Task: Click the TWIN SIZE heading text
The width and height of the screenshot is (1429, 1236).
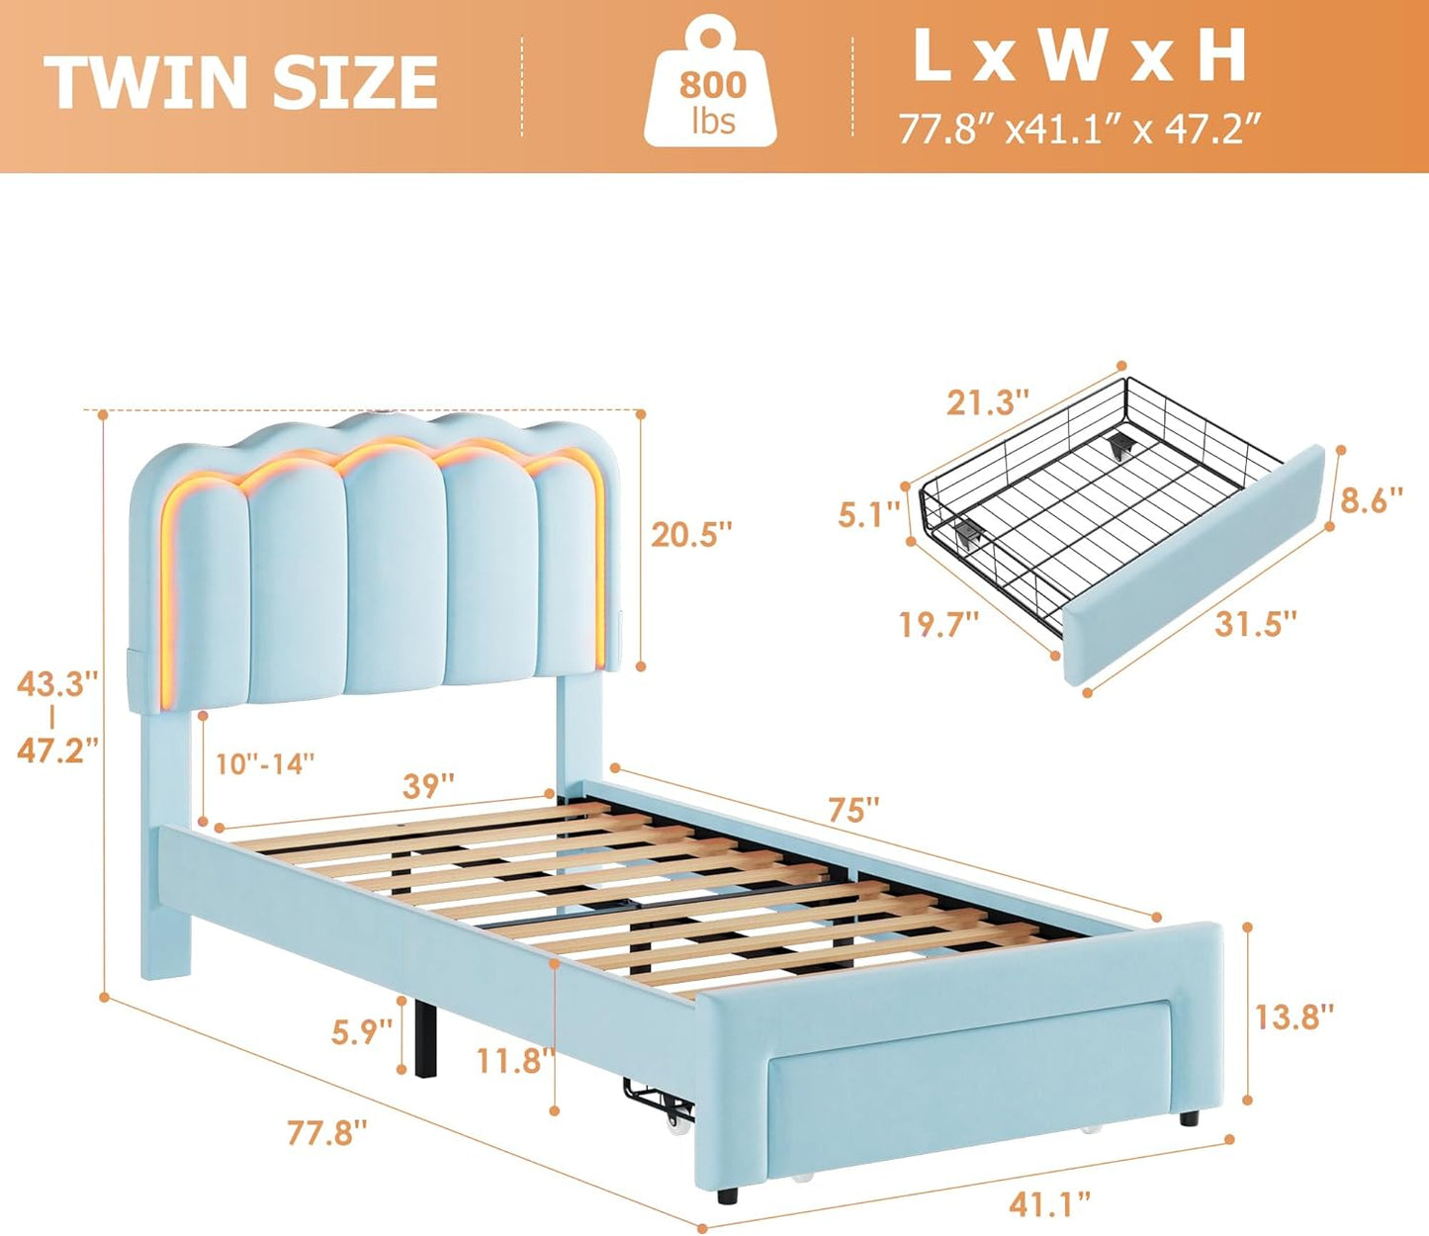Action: click(x=241, y=82)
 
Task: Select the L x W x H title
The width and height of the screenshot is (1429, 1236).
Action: click(x=1079, y=56)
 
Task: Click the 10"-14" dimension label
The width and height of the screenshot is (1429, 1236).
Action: click(x=265, y=763)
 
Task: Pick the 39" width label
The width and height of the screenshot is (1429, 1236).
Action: click(x=428, y=786)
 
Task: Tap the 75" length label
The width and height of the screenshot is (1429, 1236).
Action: click(x=852, y=810)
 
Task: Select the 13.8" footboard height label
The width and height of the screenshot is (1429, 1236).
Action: click(x=1294, y=1015)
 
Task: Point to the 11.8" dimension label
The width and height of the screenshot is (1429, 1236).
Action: click(x=512, y=1061)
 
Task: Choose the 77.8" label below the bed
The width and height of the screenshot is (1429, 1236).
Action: click(x=327, y=1132)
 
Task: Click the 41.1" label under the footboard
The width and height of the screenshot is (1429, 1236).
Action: click(x=1050, y=1203)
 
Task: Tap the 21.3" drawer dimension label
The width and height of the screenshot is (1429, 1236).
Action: click(x=987, y=402)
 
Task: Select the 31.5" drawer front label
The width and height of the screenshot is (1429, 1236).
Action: click(x=1255, y=624)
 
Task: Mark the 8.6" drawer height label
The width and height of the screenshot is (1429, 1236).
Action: click(x=1371, y=499)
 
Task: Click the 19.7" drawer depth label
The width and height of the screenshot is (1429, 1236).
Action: click(x=938, y=625)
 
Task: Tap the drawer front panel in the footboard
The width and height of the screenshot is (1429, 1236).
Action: click(x=969, y=1078)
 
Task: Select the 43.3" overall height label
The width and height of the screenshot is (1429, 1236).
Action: click(x=57, y=683)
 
